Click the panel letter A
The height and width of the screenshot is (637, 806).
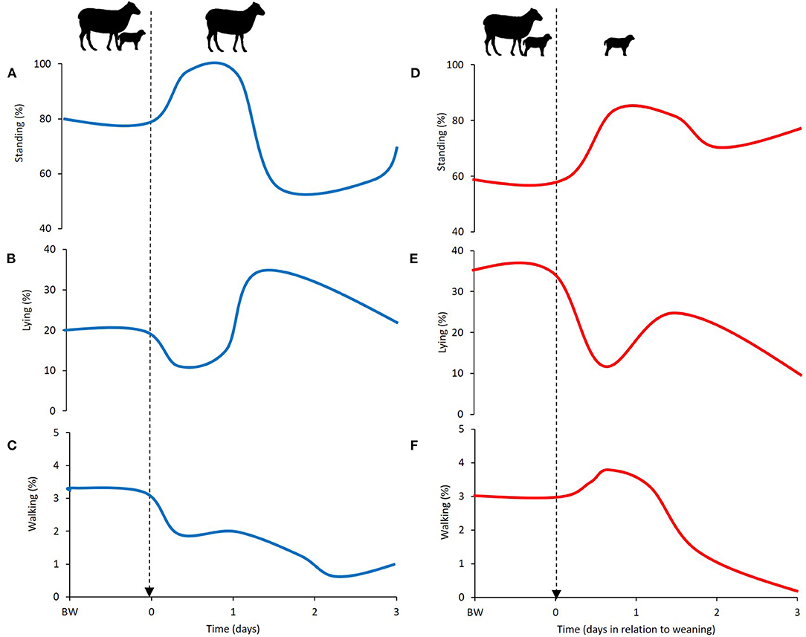tap(11, 74)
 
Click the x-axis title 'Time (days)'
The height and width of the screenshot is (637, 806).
tap(233, 628)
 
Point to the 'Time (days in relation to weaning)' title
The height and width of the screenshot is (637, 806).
tap(636, 628)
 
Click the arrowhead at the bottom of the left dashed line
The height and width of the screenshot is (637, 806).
tap(149, 591)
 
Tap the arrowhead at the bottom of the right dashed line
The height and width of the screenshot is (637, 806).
tap(556, 592)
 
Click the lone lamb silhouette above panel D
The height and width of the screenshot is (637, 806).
tap(619, 45)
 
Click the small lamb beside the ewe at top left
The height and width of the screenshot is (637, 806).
tap(131, 39)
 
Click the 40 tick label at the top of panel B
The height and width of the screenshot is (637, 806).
tap(51, 250)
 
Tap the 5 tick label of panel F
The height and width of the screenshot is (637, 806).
tap(461, 430)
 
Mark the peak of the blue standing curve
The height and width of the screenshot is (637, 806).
tap(214, 62)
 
